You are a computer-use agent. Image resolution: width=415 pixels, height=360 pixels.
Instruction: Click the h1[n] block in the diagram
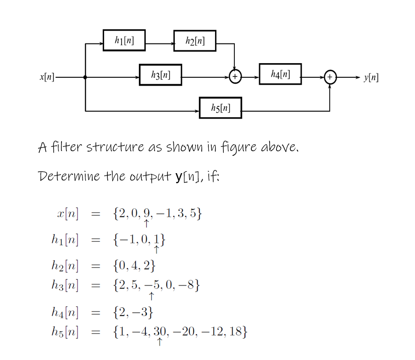click(124, 40)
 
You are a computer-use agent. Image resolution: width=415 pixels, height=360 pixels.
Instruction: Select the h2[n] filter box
click(195, 41)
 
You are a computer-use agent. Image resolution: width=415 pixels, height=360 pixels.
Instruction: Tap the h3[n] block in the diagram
click(160, 74)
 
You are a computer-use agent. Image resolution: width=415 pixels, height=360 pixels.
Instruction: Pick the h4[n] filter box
click(280, 74)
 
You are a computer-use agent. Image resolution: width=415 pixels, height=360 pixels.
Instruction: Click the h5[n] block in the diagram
click(220, 108)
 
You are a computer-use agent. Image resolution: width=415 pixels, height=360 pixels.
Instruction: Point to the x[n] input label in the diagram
click(46, 77)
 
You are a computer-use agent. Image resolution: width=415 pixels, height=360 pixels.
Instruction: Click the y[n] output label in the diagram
click(371, 77)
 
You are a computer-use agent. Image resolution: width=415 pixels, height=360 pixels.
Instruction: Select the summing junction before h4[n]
click(235, 77)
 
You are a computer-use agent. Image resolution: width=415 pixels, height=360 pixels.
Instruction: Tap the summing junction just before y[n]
click(330, 77)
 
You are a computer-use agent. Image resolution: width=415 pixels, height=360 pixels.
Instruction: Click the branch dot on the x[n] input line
click(85, 77)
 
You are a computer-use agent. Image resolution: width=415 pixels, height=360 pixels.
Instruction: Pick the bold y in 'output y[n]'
click(177, 177)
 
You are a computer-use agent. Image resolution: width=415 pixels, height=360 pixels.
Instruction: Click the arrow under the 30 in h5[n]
click(159, 342)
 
